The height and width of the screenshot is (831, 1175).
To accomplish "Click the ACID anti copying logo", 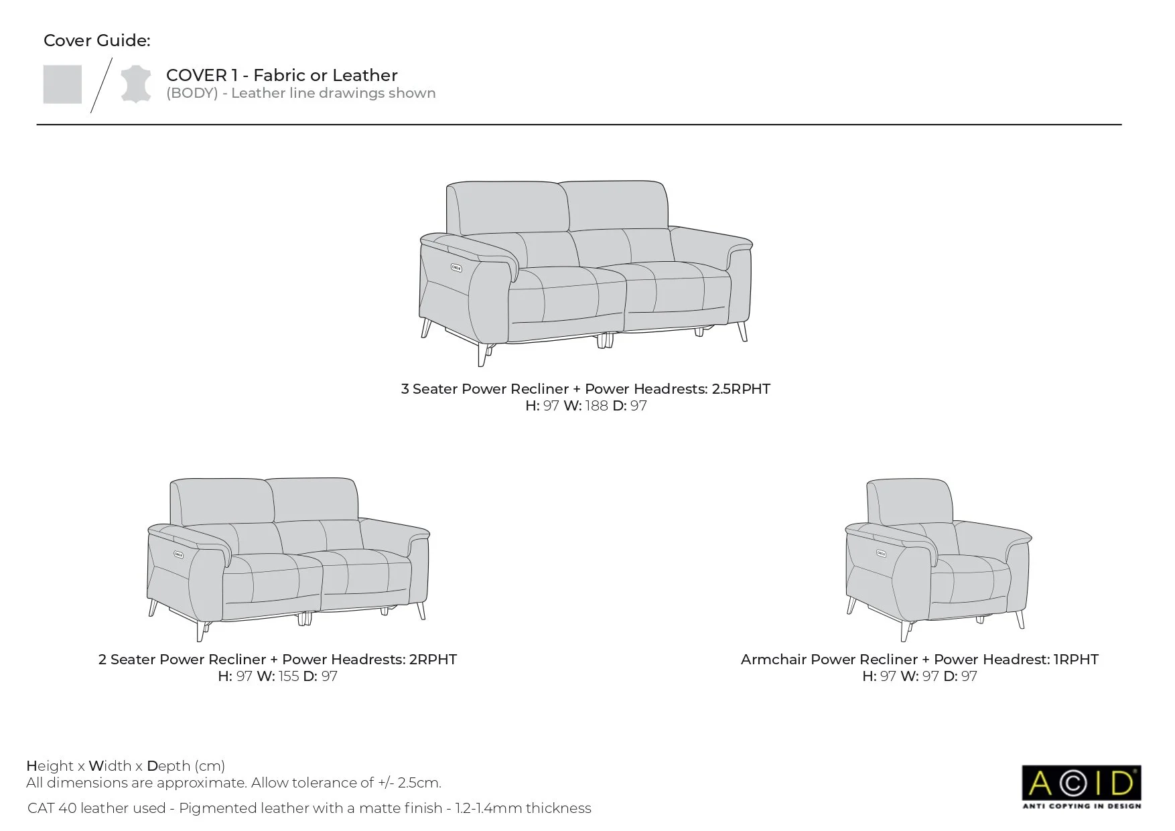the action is pyautogui.click(x=1081, y=787).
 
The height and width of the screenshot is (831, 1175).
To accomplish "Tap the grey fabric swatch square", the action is pyautogui.click(x=62, y=84).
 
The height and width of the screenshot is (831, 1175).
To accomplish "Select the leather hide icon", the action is pyautogui.click(x=135, y=84).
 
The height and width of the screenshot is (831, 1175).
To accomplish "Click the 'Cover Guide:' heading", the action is pyautogui.click(x=97, y=41).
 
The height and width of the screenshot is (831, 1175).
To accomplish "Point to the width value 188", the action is pyautogui.click(x=596, y=406).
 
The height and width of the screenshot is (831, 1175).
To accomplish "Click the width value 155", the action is pyautogui.click(x=289, y=676).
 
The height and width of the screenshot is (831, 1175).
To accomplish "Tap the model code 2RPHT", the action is pyautogui.click(x=433, y=660).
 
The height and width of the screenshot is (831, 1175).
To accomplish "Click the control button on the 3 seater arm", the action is pyautogui.click(x=456, y=269).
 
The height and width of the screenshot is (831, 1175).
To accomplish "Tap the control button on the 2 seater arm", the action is pyautogui.click(x=180, y=553).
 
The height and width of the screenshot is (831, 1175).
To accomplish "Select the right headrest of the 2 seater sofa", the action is pyautogui.click(x=314, y=500).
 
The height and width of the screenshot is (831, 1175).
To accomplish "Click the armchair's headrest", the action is pyautogui.click(x=910, y=501).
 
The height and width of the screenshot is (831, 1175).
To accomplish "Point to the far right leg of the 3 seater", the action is pyautogui.click(x=742, y=331).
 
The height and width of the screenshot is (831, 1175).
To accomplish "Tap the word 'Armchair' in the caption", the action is pyautogui.click(x=774, y=660).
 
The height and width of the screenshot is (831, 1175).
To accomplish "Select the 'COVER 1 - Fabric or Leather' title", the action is pyautogui.click(x=282, y=76).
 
